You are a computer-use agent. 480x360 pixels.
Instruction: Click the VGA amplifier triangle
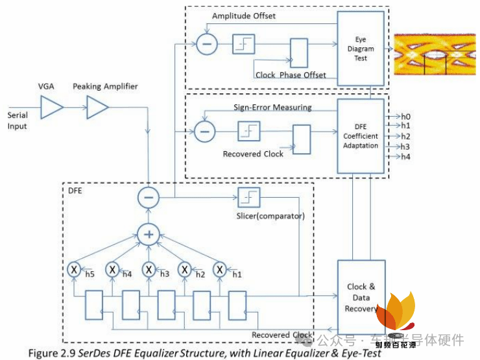[x=51, y=107]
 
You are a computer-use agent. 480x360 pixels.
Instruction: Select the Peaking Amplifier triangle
[x=98, y=107]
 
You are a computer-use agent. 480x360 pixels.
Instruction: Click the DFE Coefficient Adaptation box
[x=361, y=136]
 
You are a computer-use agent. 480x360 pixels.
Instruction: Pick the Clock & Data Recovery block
[x=361, y=297]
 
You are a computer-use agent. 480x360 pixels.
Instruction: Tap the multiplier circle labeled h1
[x=221, y=269]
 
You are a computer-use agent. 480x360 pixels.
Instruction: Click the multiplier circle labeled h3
[x=149, y=269]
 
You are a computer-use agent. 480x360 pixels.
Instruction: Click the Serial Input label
[x=17, y=121]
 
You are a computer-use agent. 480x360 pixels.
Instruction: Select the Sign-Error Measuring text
[x=272, y=107]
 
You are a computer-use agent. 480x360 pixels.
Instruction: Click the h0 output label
[x=405, y=117]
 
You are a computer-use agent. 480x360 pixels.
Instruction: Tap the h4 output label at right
[x=405, y=157]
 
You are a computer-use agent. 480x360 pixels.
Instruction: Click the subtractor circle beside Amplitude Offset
[x=206, y=45]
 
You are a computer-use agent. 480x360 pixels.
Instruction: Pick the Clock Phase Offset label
[x=291, y=75]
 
